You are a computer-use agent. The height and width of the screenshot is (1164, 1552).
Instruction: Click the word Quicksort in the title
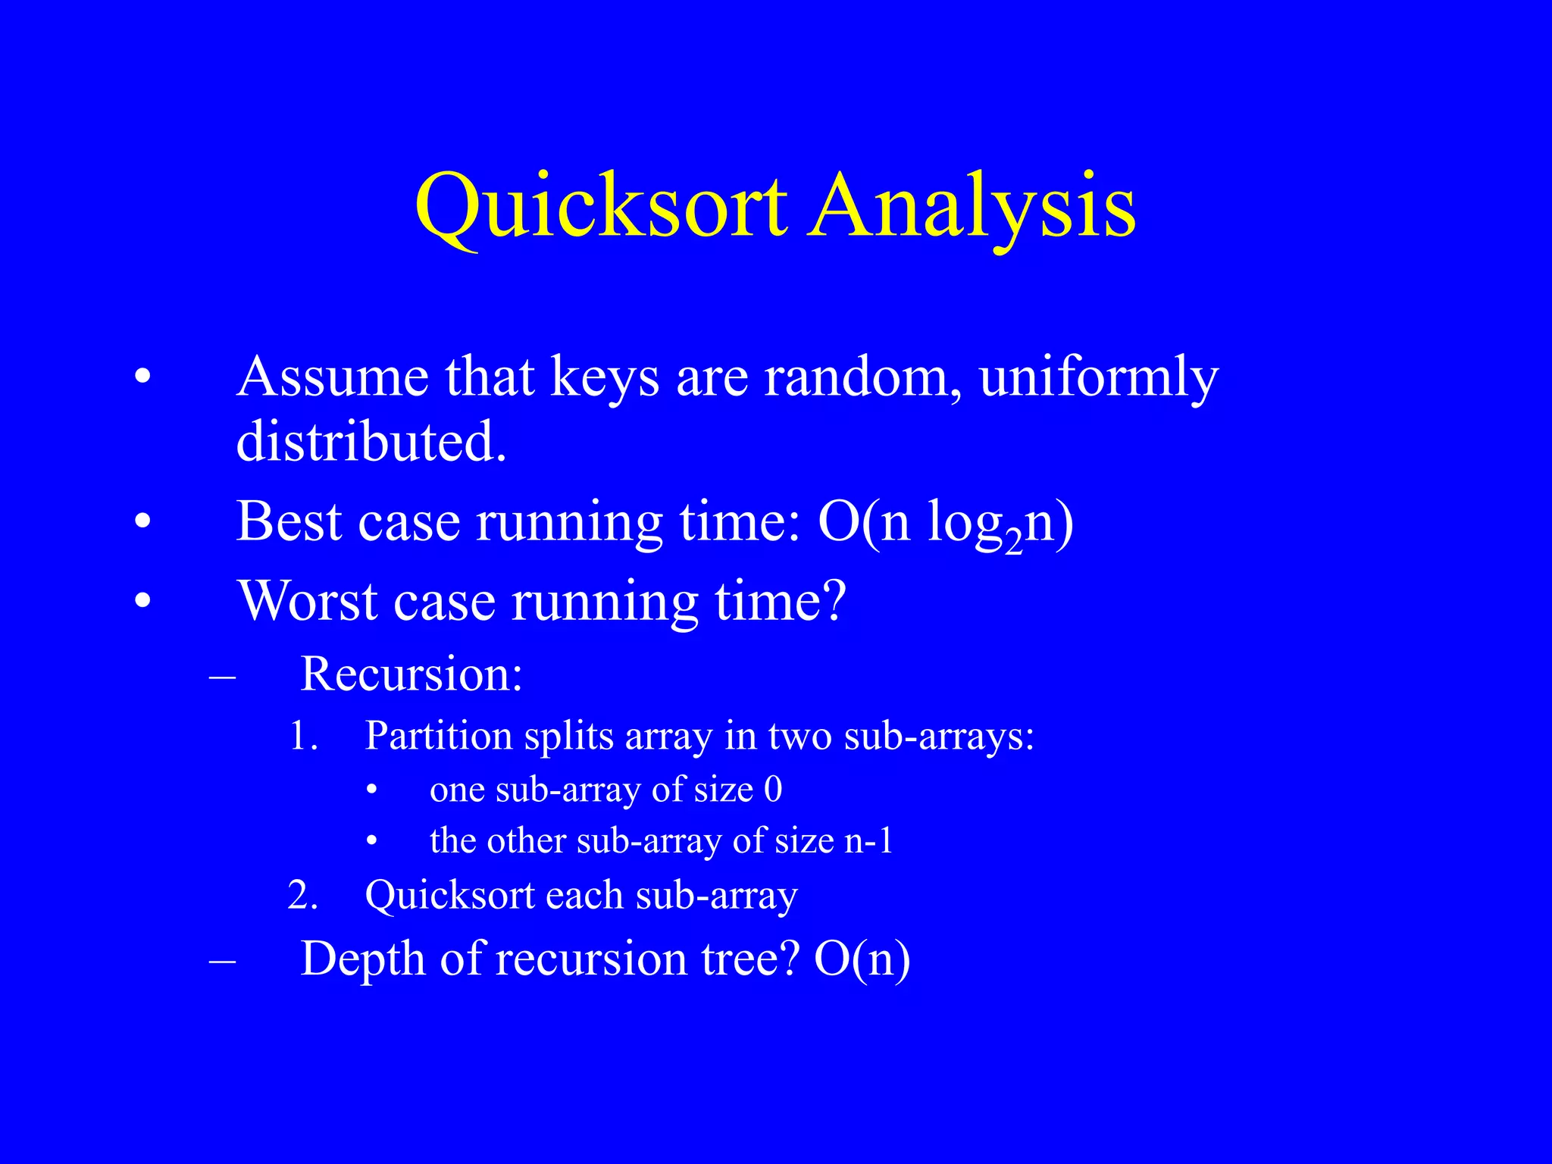click(x=601, y=206)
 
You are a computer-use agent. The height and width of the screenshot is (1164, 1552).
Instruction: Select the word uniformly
click(x=1098, y=377)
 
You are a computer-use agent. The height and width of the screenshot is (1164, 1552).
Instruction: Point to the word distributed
click(x=371, y=441)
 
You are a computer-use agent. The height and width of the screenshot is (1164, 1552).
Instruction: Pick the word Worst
click(x=308, y=601)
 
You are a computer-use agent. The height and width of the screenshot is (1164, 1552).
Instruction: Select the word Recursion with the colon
click(x=411, y=673)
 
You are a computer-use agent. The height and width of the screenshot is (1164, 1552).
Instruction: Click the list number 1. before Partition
click(x=303, y=736)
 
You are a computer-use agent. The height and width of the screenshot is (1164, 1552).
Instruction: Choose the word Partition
click(x=439, y=736)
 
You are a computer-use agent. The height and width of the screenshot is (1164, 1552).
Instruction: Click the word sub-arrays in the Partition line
click(x=939, y=736)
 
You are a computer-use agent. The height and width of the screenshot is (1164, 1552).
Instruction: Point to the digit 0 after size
click(x=773, y=790)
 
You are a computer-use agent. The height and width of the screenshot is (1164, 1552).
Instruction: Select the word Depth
click(x=363, y=959)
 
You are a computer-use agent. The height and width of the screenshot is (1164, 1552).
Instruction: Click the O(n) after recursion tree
click(x=862, y=959)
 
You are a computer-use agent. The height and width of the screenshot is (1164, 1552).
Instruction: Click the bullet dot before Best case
click(x=142, y=522)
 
